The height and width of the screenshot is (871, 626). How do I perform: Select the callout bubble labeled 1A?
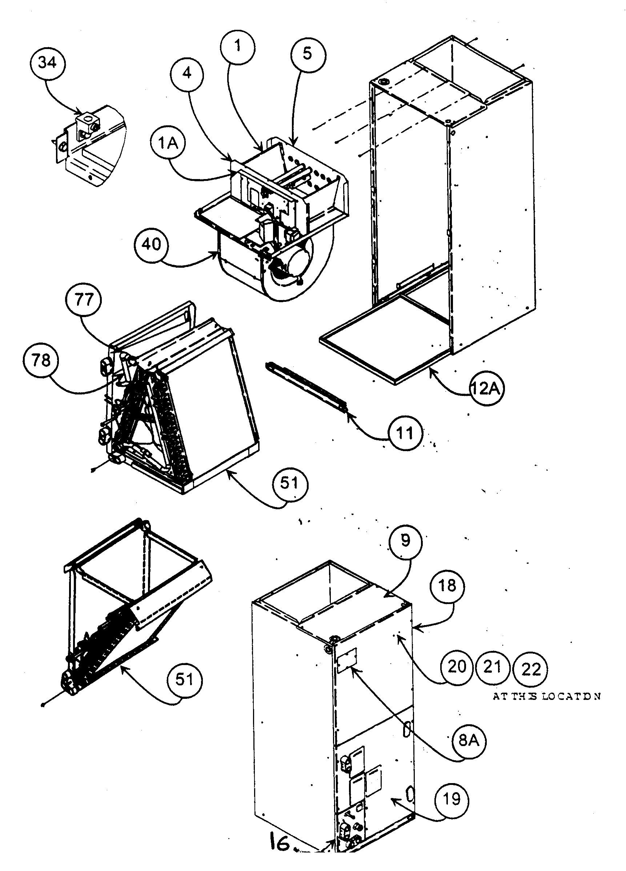click(x=168, y=143)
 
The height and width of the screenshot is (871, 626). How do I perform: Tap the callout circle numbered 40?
click(x=151, y=244)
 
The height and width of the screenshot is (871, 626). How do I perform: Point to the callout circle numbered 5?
click(x=308, y=54)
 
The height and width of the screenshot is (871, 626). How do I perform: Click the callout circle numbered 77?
click(x=83, y=299)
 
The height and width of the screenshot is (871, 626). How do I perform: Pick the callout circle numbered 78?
click(x=41, y=361)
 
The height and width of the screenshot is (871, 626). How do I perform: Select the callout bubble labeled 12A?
click(x=486, y=389)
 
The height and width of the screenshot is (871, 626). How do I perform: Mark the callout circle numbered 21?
click(x=492, y=667)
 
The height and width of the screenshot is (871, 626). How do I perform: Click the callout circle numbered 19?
click(x=452, y=799)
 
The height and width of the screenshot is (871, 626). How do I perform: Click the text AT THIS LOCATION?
click(x=546, y=696)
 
